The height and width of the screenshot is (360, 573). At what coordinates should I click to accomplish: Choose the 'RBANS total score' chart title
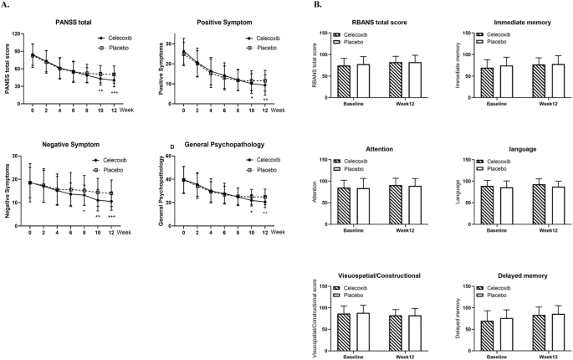point(373,22)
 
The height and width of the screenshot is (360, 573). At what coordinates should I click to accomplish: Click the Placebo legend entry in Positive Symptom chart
point(261,47)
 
